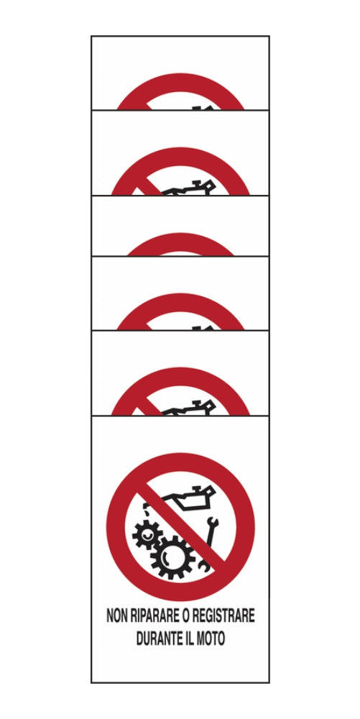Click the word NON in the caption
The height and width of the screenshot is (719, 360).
(117, 616)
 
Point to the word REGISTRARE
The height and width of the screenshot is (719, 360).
(222, 616)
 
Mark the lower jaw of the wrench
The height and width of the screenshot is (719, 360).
(204, 568)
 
